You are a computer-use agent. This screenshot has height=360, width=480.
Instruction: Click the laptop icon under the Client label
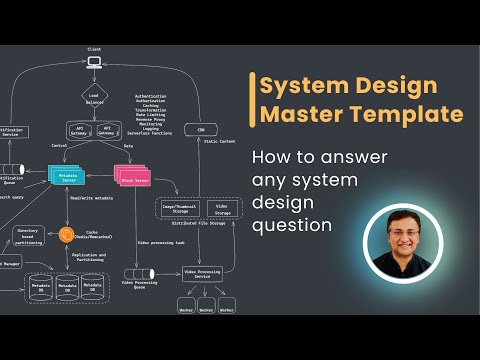tap(94, 62)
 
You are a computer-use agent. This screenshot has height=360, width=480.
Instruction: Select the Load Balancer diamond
tap(94, 98)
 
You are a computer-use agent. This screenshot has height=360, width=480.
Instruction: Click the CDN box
tap(201, 130)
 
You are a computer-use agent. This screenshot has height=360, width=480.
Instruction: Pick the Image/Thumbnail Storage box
tap(181, 209)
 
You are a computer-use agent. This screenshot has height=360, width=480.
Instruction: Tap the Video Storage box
tap(222, 209)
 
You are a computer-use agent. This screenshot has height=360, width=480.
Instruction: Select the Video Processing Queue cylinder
tap(138, 274)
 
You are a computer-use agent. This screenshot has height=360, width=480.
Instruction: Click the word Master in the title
tap(301, 114)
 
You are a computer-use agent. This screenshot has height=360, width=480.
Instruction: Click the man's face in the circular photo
tap(401, 241)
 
